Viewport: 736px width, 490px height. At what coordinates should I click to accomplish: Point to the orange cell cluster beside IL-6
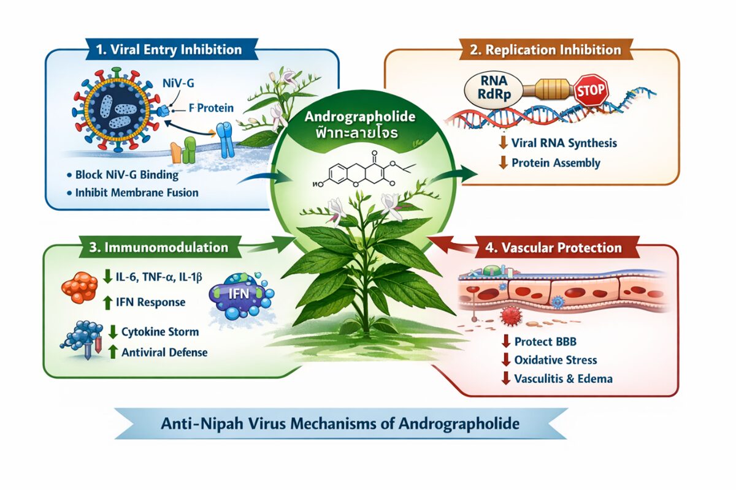click(80, 285)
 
